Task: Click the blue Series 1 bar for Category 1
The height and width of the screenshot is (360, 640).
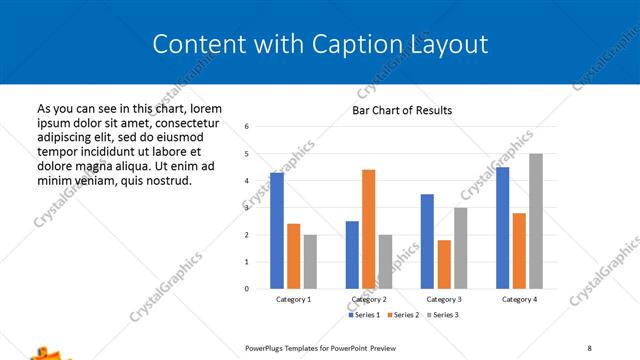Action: [x=277, y=231]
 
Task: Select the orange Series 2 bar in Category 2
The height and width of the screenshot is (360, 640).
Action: [x=369, y=229]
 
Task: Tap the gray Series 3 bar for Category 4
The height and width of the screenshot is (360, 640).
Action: [x=536, y=221]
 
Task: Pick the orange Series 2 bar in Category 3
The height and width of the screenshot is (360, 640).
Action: [x=444, y=264]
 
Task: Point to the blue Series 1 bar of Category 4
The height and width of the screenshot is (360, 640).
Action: [x=503, y=228]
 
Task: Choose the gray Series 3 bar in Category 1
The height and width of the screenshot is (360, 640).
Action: [x=310, y=262]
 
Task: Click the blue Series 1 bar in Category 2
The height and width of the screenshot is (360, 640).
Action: [x=352, y=255]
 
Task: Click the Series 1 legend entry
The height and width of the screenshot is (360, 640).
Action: [x=365, y=315]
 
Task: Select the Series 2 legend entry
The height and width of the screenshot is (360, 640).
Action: [x=403, y=315]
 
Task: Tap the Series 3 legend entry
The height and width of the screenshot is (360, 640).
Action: [x=441, y=315]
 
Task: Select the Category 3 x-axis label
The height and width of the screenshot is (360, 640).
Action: [x=444, y=299]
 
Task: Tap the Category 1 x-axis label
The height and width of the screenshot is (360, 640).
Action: [x=293, y=299]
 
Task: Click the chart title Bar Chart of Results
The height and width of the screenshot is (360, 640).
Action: [x=402, y=110]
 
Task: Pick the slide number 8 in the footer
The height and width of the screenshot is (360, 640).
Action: [x=589, y=347]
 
